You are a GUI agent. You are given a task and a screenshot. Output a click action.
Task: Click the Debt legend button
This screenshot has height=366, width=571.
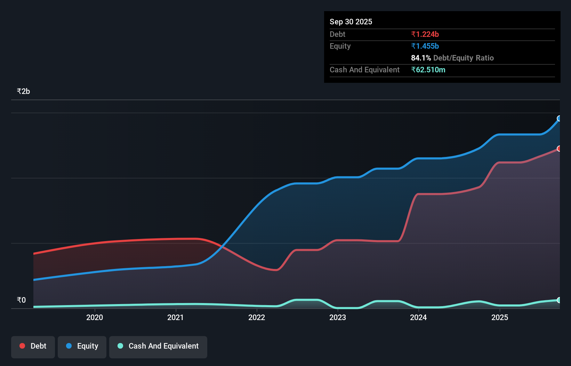pos(33,347)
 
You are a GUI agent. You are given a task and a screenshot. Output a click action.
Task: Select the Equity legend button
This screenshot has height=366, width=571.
pos(82,347)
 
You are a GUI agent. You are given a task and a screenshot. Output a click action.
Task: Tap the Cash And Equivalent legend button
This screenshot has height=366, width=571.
pos(158,347)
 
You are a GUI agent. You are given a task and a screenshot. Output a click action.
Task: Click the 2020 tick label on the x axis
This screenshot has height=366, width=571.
pos(95,317)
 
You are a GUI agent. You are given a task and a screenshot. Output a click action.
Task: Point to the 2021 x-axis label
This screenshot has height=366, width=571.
pos(176,317)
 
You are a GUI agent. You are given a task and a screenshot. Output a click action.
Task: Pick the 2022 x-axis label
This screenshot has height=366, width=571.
pos(257,317)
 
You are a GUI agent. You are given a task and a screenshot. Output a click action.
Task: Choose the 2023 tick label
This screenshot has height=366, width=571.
pos(338,317)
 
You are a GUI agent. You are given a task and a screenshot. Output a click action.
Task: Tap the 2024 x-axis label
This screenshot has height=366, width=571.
pos(418,317)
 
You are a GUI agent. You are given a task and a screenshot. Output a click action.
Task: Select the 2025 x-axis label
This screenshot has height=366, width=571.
pos(500,317)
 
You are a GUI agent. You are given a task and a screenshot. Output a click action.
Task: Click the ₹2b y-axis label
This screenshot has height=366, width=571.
pos(23,91)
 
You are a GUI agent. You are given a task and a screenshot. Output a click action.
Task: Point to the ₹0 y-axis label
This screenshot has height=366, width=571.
pos(21,300)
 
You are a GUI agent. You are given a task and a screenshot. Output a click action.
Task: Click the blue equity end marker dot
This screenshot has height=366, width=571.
pos(559,119)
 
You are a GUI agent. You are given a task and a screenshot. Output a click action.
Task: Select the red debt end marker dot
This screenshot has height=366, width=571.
pos(559,149)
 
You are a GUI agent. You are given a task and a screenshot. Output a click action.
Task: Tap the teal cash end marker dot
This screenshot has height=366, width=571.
pos(559,300)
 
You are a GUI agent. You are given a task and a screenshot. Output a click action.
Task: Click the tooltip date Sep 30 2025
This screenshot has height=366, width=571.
pos(351,22)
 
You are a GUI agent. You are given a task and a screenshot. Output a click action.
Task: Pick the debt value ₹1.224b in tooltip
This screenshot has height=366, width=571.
pos(425,34)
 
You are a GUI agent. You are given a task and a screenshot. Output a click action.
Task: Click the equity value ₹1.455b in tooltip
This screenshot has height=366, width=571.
pos(425,46)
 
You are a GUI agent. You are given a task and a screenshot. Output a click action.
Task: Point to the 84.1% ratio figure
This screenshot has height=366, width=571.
pos(421,58)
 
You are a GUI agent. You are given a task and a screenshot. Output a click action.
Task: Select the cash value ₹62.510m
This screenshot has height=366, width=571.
pos(428,70)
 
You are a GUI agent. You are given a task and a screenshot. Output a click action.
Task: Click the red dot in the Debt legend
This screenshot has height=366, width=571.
pos(22,346)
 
